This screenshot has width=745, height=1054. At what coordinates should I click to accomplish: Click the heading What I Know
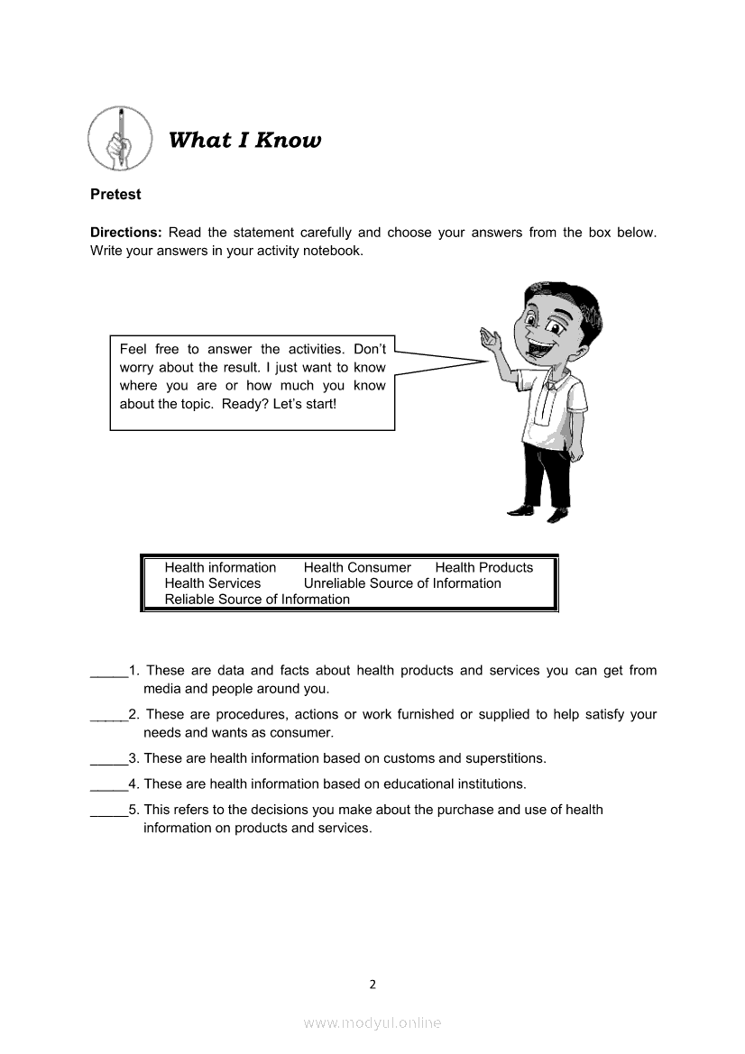pyautogui.click(x=244, y=140)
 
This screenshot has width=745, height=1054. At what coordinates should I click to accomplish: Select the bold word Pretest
pyautogui.click(x=115, y=194)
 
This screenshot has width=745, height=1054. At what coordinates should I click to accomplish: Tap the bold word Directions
pyautogui.click(x=125, y=233)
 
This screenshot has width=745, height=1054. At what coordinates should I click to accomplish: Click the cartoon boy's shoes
pyautogui.click(x=538, y=513)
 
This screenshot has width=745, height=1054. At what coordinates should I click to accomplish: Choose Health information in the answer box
pyautogui.click(x=220, y=567)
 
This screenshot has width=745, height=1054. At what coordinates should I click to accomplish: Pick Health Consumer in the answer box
pyautogui.click(x=357, y=567)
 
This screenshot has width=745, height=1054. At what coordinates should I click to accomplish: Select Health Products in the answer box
pyautogui.click(x=483, y=567)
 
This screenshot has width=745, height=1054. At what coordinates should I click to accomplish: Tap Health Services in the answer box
pyautogui.click(x=212, y=583)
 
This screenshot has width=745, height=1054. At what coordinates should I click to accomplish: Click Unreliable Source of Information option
pyautogui.click(x=402, y=583)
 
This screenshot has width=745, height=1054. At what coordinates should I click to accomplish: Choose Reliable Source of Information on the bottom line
pyautogui.click(x=257, y=600)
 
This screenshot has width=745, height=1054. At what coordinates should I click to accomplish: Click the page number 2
pyautogui.click(x=372, y=984)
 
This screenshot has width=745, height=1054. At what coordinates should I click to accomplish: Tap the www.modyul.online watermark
pyautogui.click(x=372, y=1022)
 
